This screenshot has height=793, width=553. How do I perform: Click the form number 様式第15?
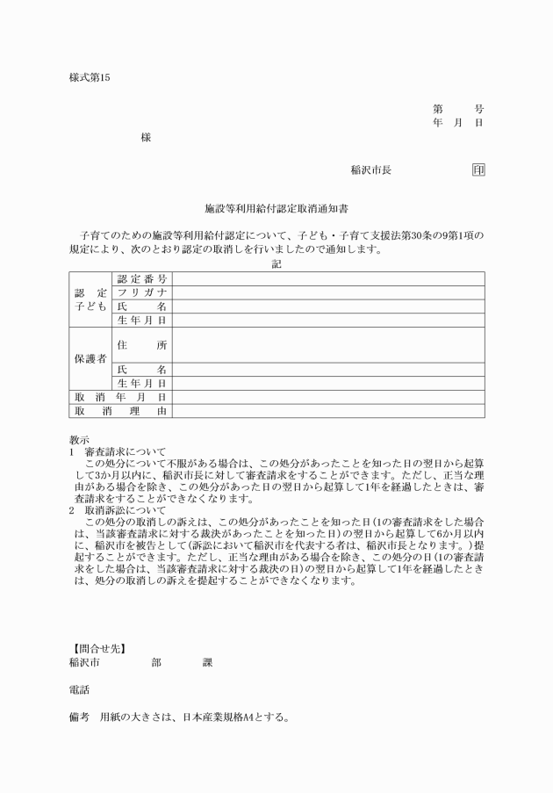[x=90, y=77]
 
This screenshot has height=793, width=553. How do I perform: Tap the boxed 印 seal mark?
[x=478, y=169]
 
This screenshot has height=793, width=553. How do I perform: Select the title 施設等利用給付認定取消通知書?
[x=276, y=211]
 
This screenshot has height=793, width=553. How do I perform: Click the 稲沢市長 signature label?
[x=370, y=169]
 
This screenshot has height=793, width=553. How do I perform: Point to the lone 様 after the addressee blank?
[x=146, y=138]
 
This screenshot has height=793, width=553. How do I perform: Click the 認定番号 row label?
[x=142, y=279]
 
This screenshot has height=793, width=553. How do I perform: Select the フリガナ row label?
[x=142, y=292]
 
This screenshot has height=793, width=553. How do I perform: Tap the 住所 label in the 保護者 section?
[x=142, y=346]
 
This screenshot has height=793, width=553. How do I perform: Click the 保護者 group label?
[x=90, y=359]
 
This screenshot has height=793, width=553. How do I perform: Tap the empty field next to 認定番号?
[x=327, y=279]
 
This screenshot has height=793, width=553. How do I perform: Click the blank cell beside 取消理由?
[x=327, y=411]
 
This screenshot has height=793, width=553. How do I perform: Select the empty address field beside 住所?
[x=327, y=346]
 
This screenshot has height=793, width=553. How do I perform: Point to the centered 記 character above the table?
[x=276, y=264]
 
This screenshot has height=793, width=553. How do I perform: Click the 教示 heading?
[x=79, y=439]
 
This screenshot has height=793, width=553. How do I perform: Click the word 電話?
[x=79, y=689]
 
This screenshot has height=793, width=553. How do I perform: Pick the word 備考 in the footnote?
[x=79, y=717]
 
